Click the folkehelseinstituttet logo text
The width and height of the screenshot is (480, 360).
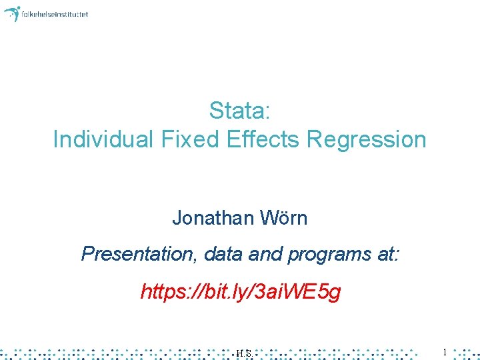55,14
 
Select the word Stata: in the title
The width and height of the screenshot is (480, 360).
239,110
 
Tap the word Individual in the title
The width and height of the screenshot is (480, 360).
103,139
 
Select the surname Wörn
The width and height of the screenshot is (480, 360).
284,217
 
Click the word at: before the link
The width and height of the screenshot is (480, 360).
388,254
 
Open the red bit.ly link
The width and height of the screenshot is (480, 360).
240,291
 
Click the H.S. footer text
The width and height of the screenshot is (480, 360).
243,353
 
